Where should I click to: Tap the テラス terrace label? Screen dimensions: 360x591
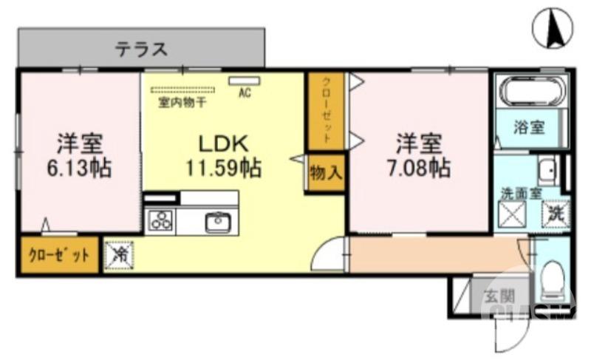coord(140,50)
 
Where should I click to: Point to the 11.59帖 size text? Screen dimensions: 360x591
coord(223,168)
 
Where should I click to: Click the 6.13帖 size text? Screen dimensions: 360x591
coord(80,168)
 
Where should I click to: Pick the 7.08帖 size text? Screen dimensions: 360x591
coord(418,168)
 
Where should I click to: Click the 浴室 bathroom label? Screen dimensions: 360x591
coord(530,126)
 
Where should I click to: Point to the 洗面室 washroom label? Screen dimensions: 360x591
coord(521,194)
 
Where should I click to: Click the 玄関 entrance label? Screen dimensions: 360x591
coord(499,296)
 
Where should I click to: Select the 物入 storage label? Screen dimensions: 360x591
coord(326,174)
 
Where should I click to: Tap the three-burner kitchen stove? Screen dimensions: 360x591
coord(160,220)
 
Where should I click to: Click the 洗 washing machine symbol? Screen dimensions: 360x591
coord(556,214)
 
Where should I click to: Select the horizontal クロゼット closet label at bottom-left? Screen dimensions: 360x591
coord(58,257)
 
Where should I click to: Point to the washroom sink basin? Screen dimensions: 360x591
coord(547,171)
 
